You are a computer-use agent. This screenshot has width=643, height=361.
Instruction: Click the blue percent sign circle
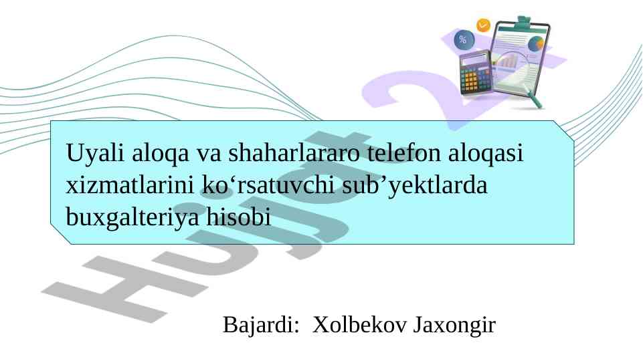(x=463, y=40)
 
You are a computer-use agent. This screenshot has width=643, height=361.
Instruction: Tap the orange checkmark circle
(x=483, y=25)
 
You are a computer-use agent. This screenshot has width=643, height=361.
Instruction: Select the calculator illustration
(x=476, y=74)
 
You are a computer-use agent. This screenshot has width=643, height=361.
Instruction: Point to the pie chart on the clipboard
(x=536, y=44)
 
